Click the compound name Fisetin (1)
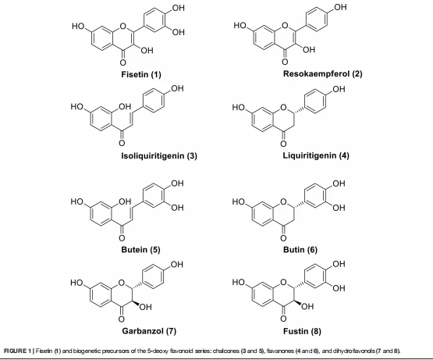[x=141, y=74]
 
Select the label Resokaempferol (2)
[x=322, y=74]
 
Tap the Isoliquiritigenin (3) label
[x=159, y=156]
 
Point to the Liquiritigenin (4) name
[x=316, y=155]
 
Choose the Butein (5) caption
[x=140, y=250]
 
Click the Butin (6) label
[x=300, y=250]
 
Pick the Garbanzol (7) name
[x=149, y=331]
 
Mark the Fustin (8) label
[x=302, y=331]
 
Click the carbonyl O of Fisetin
[x=123, y=62]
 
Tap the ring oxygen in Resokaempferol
[x=285, y=26]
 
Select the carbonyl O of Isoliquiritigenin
[x=122, y=143]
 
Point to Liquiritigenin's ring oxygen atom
[x=283, y=107]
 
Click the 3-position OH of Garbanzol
[x=146, y=307]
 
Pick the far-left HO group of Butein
[x=77, y=201]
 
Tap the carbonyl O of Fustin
[x=283, y=319]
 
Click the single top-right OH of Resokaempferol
[x=340, y=7]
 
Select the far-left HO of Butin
[x=239, y=201]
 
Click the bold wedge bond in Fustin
[x=297, y=302]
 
